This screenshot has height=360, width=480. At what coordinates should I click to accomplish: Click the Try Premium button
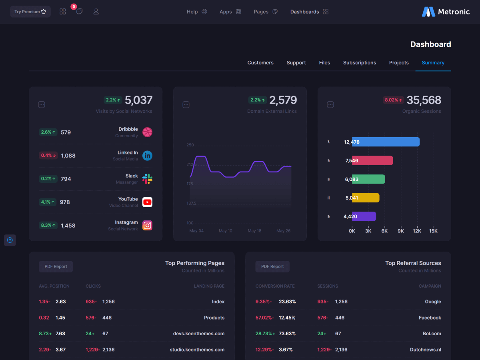30,12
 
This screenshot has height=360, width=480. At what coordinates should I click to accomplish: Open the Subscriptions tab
359,63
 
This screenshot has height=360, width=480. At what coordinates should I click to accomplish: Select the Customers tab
260,63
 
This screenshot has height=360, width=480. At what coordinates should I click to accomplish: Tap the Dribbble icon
147,132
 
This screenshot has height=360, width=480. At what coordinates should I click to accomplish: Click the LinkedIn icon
147,156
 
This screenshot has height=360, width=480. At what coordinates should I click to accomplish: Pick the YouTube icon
147,202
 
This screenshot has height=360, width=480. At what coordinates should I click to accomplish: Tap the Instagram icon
147,226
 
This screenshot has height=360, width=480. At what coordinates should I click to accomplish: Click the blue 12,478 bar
386,142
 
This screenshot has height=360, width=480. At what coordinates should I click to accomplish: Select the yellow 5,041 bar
366,198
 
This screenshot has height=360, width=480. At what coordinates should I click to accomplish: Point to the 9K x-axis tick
400,231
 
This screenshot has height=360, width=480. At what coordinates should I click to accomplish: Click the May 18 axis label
254,231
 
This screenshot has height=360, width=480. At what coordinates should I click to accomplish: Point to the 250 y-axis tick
190,145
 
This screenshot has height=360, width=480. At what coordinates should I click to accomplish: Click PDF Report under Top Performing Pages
56,266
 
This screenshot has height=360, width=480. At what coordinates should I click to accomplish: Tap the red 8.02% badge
394,100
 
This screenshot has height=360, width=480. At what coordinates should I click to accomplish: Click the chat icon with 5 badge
79,11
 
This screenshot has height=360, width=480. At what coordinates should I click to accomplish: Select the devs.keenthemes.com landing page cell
198,334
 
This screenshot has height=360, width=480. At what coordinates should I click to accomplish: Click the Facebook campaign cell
430,318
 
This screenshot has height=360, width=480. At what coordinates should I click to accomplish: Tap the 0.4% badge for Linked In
48,156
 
